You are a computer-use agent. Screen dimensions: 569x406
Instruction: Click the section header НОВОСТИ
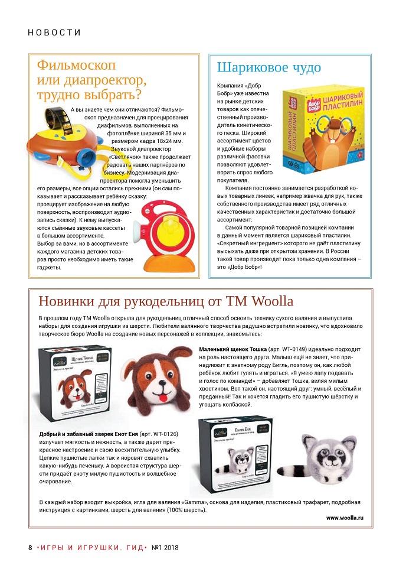pyautogui.click(x=54, y=32)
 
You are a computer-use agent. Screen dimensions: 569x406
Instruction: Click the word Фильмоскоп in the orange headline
pyautogui.click(x=76, y=64)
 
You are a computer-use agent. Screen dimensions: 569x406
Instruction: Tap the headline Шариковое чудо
pyautogui.click(x=269, y=67)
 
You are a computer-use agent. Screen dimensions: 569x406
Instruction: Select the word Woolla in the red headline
pyautogui.click(x=272, y=301)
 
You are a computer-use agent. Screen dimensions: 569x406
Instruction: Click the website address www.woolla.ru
pyautogui.click(x=345, y=518)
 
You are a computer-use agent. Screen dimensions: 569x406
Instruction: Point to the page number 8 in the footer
pyautogui.click(x=30, y=547)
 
